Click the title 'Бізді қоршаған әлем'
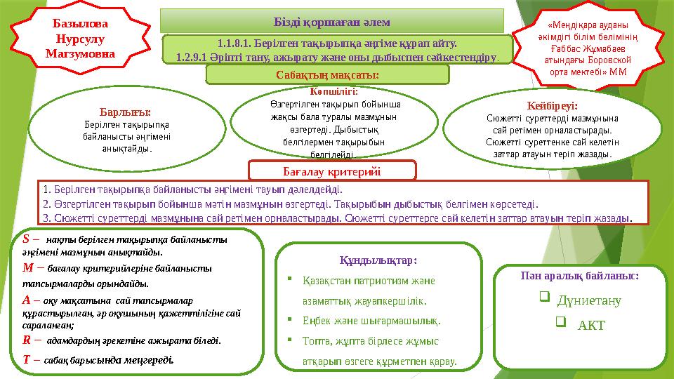[333, 20]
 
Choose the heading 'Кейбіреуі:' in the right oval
[555, 106]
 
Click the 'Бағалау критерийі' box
[331, 170]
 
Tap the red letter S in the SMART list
[26, 239]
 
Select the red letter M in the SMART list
[28, 267]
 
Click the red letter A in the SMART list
[27, 298]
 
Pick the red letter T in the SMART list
[26, 359]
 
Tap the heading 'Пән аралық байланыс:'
[580, 277]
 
